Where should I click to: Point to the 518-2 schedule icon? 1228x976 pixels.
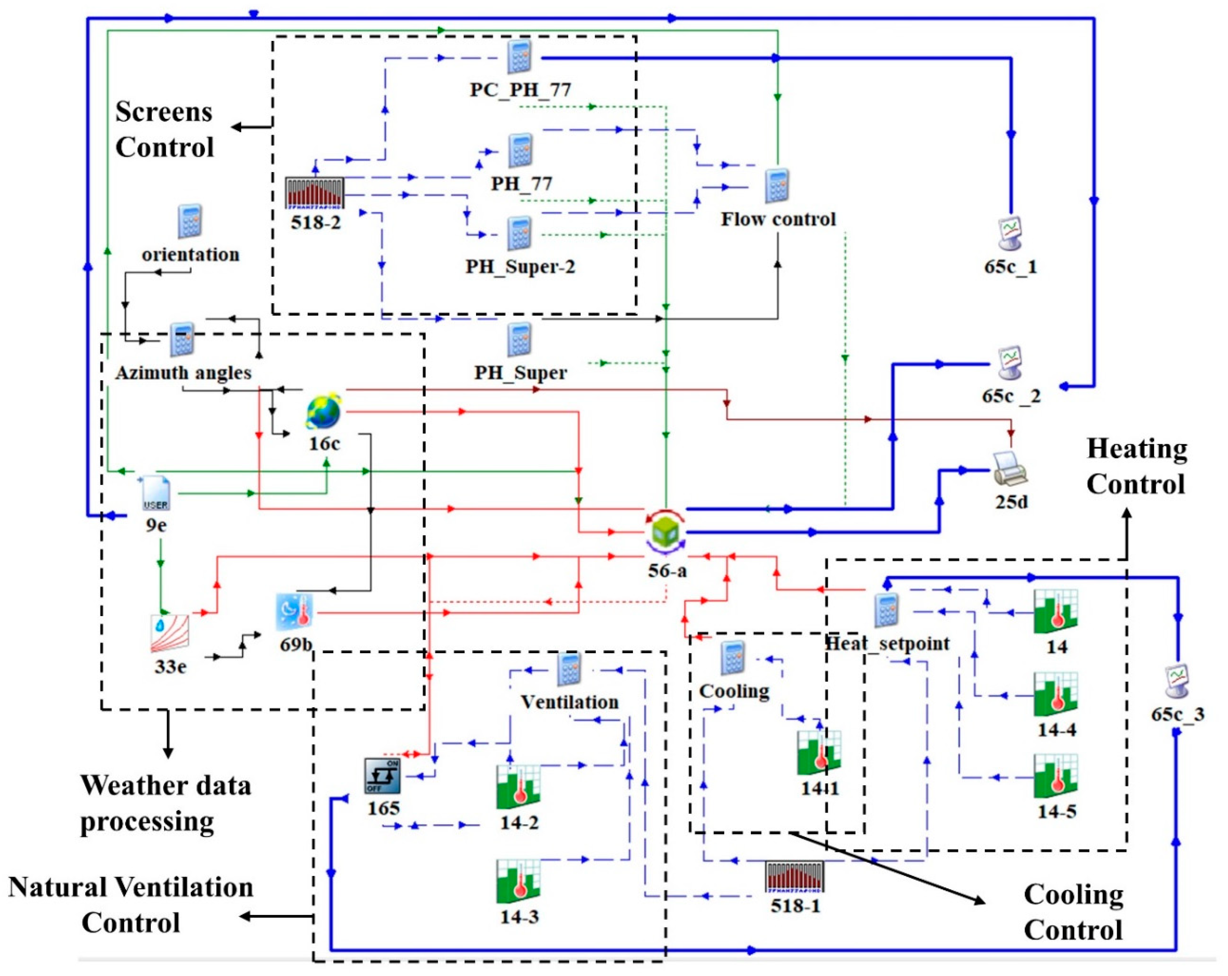pos(315,193)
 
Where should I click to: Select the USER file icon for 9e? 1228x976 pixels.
pos(155,493)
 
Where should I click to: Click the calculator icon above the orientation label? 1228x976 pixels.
pos(190,221)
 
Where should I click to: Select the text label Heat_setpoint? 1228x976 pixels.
pos(887,643)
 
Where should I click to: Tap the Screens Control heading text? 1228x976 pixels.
pos(165,129)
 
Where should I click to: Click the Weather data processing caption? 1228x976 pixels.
pos(165,803)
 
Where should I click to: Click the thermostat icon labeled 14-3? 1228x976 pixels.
pos(518,881)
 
